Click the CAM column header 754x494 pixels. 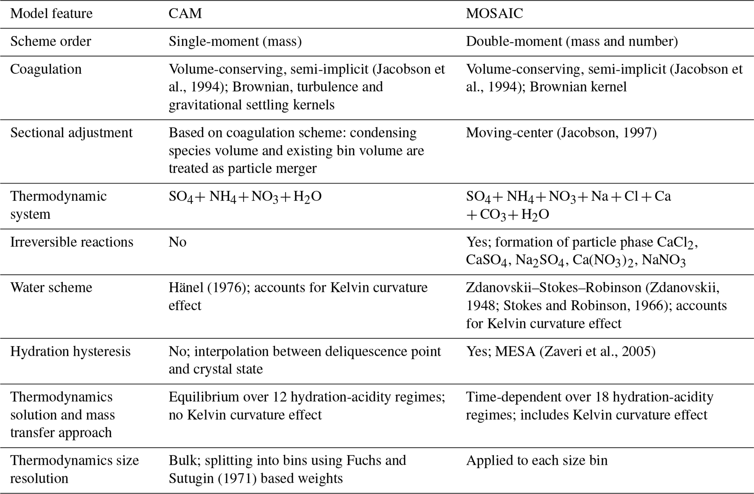click(185, 14)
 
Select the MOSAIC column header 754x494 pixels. click(494, 14)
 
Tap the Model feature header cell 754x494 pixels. click(51, 14)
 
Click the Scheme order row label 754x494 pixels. click(51, 42)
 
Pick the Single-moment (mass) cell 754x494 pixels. click(235, 42)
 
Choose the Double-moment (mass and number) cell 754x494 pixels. click(572, 42)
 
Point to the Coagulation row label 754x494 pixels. click(46, 69)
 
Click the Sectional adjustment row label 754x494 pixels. click(71, 133)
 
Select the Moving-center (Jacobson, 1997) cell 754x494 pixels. click(561, 133)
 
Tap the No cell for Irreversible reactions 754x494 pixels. click(177, 242)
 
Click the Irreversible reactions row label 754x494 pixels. click(72, 242)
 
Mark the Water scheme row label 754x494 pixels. click(51, 288)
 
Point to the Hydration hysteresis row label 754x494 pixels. click(70, 351)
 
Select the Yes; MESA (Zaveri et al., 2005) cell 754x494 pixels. click(561, 351)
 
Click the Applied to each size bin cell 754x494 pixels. click(537, 460)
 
